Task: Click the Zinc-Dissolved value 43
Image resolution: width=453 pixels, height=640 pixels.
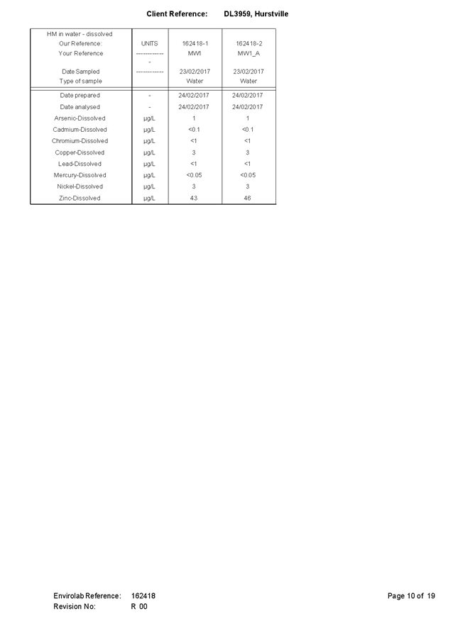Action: pyautogui.click(x=194, y=198)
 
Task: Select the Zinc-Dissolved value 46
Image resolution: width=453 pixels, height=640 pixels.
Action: pyautogui.click(x=247, y=198)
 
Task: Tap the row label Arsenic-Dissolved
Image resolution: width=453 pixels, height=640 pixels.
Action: pyautogui.click(x=80, y=118)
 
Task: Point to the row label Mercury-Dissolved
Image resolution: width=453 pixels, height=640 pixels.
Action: pyautogui.click(x=80, y=175)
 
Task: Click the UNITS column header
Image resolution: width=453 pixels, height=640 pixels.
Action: pyautogui.click(x=150, y=44)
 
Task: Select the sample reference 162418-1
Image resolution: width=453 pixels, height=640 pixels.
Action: pyautogui.click(x=195, y=44)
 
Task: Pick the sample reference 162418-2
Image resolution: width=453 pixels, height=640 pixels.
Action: pyautogui.click(x=249, y=44)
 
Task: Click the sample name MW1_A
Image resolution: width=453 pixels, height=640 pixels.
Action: pyautogui.click(x=249, y=53)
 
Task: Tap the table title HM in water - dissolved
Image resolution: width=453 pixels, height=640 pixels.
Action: pyautogui.click(x=80, y=34)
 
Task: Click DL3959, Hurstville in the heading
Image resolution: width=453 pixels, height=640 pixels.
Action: pyautogui.click(x=256, y=14)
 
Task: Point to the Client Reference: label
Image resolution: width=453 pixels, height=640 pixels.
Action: pyautogui.click(x=177, y=14)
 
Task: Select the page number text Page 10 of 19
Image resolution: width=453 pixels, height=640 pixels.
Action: pyautogui.click(x=411, y=596)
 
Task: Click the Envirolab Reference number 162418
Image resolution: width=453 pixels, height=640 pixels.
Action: pyautogui.click(x=143, y=596)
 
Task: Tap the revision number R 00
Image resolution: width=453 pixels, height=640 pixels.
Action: pyautogui.click(x=139, y=607)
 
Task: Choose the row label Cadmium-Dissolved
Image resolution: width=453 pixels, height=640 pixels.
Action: pyautogui.click(x=80, y=130)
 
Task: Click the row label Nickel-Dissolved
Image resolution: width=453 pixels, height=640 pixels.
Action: pyautogui.click(x=80, y=186)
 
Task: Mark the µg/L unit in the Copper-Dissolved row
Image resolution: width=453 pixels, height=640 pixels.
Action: pyautogui.click(x=149, y=152)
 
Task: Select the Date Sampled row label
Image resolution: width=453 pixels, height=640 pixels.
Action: pyautogui.click(x=80, y=72)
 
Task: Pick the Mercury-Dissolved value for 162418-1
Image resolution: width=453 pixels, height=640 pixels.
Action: pyautogui.click(x=194, y=175)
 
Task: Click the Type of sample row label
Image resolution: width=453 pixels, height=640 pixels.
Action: pyautogui.click(x=80, y=82)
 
